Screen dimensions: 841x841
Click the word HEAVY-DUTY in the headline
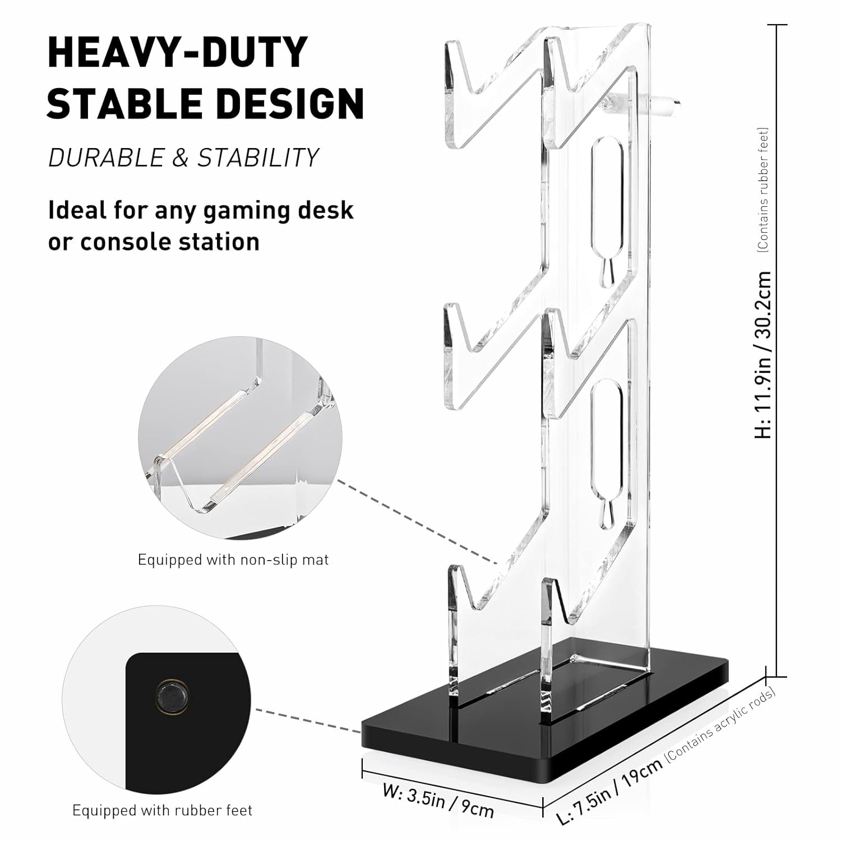(x=178, y=53)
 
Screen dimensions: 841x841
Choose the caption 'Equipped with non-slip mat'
(x=233, y=560)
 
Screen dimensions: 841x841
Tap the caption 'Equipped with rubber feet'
(x=163, y=810)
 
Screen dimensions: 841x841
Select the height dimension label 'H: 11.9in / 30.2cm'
(x=764, y=355)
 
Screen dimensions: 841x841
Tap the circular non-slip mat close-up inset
(x=240, y=438)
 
